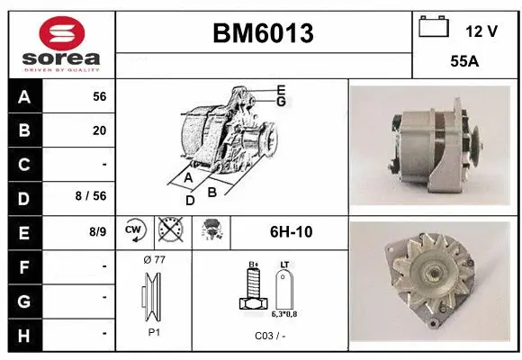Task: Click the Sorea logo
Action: point(59,42)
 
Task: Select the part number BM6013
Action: point(264,33)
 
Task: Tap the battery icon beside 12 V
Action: point(434,27)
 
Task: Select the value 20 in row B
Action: point(98,130)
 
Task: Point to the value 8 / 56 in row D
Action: point(92,197)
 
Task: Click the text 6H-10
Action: point(290,231)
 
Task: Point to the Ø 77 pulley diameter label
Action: point(154,260)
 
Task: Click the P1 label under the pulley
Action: point(153,331)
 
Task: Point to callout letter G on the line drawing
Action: point(281,102)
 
